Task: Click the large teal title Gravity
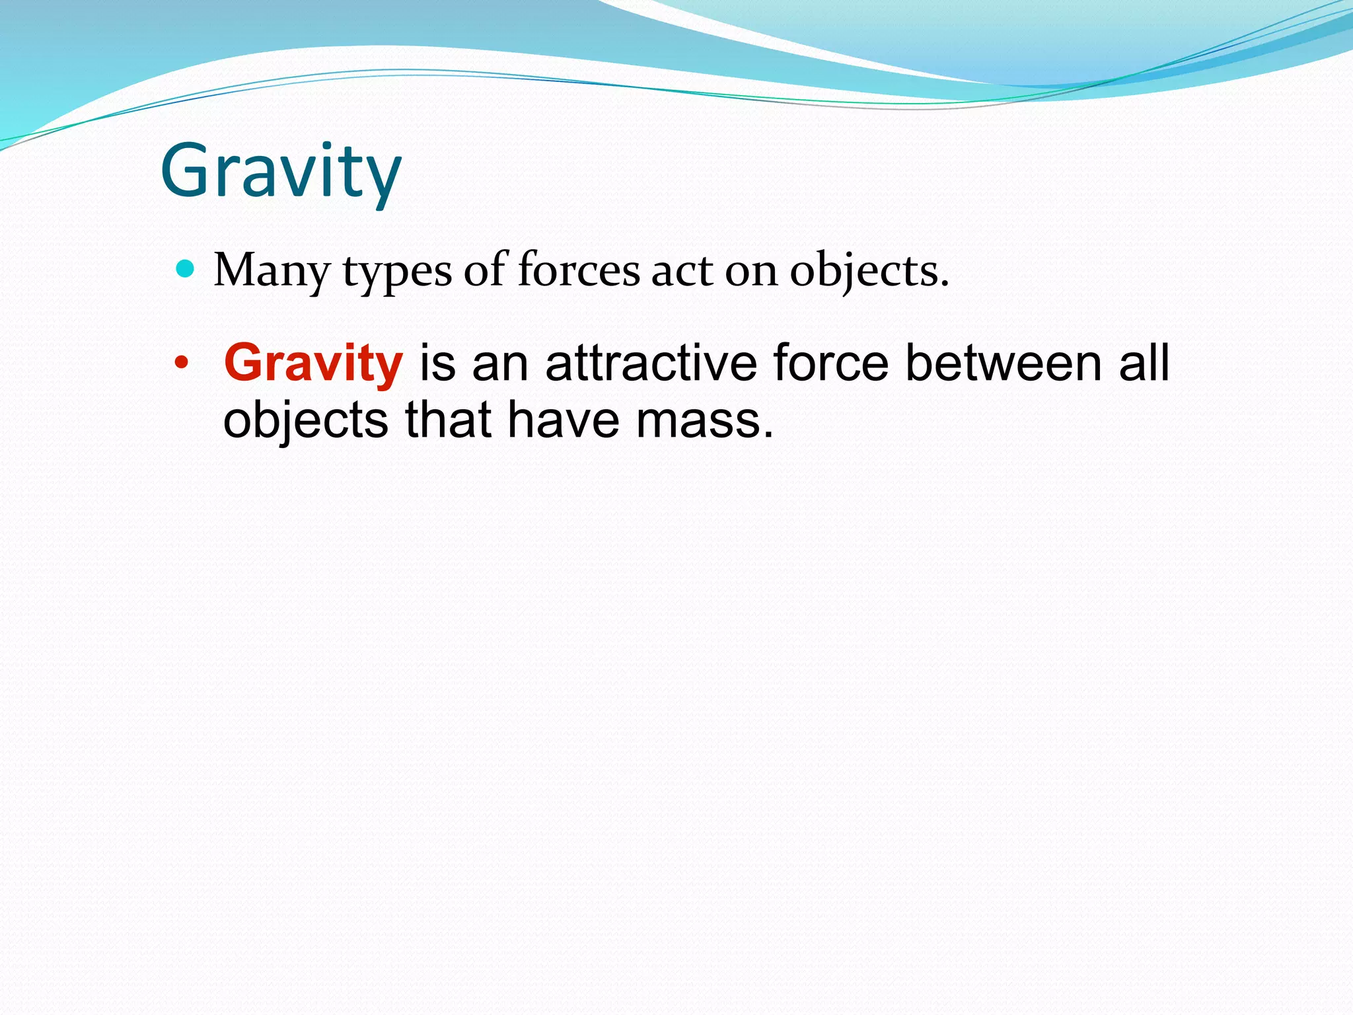tap(281, 173)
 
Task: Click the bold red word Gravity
tap(313, 363)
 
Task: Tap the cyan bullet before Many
tap(186, 268)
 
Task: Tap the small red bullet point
tap(181, 363)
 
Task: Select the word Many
tap(272, 271)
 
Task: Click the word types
tap(397, 272)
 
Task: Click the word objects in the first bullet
tap(869, 272)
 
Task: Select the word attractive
tap(651, 363)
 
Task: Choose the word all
tap(1144, 363)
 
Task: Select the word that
tap(448, 420)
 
